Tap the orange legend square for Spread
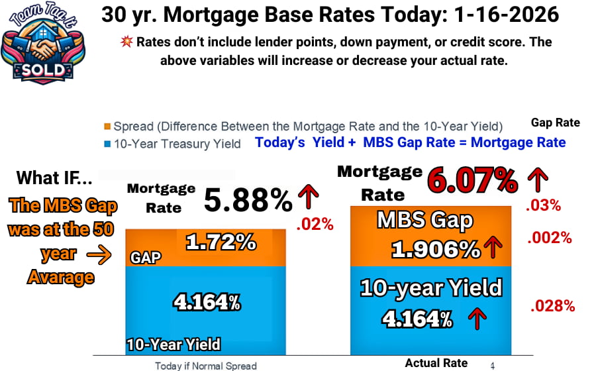pyautogui.click(x=107, y=127)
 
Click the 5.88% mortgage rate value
pyautogui.click(x=248, y=199)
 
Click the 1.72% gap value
pyautogui.click(x=221, y=242)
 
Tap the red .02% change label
pyautogui.click(x=315, y=224)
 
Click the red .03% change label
pyautogui.click(x=543, y=205)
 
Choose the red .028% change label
pyautogui.click(x=552, y=305)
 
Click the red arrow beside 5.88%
pyautogui.click(x=309, y=197)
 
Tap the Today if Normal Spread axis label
pyautogui.click(x=205, y=365)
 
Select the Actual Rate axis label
pyautogui.click(x=436, y=362)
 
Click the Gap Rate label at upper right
pyautogui.click(x=555, y=123)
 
